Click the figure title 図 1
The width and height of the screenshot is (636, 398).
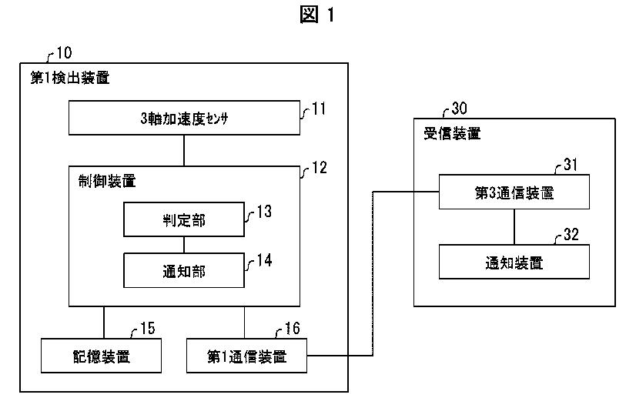(x=317, y=15)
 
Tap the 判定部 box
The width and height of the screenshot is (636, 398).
(x=183, y=221)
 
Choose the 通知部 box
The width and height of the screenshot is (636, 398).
(x=183, y=271)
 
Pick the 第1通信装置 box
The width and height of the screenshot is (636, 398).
(x=246, y=356)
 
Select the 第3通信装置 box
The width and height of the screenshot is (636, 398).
(x=514, y=192)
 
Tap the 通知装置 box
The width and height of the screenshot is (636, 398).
(x=514, y=262)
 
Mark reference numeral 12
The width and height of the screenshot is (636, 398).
(x=318, y=167)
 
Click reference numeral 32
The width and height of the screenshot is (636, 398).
(x=571, y=236)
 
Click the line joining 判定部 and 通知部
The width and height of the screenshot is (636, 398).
(x=183, y=246)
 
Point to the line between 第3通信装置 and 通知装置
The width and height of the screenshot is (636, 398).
(x=514, y=227)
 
